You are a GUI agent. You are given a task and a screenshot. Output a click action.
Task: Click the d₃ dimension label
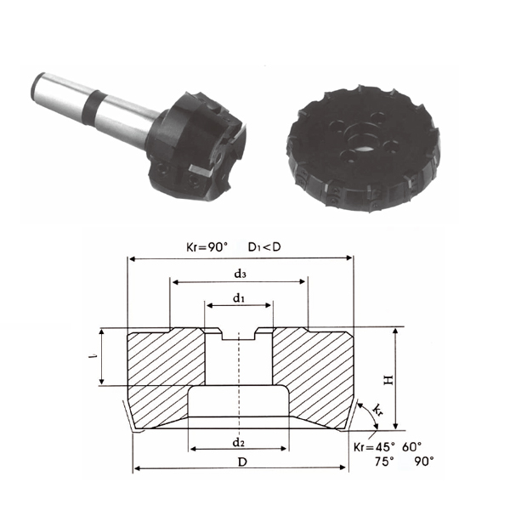[x=240, y=275]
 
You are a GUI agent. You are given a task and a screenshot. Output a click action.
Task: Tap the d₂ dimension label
[x=238, y=442]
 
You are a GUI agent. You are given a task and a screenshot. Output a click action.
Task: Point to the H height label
[x=388, y=380]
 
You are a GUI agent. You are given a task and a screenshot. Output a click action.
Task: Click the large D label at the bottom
[x=242, y=462]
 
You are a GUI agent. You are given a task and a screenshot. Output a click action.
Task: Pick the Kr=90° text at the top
[x=207, y=247]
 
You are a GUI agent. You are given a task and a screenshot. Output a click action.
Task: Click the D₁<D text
[x=264, y=247]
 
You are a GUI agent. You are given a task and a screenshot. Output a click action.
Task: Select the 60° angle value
[x=411, y=447]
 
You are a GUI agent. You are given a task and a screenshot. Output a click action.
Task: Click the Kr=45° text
[x=374, y=447]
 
